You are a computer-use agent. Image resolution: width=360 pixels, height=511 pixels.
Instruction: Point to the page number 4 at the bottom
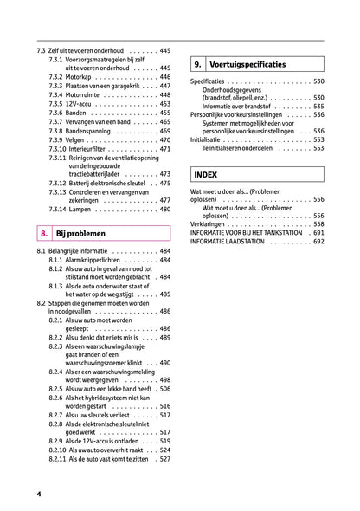point(39,494)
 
